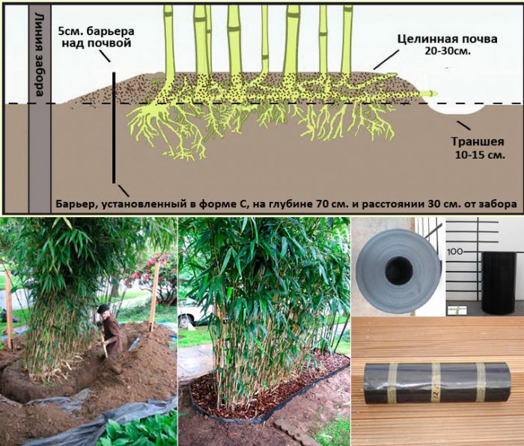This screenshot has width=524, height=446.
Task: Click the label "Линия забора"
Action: click(x=40, y=55)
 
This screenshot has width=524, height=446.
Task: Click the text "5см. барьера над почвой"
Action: click(x=97, y=37)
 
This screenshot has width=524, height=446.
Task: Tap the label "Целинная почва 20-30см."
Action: click(x=447, y=44)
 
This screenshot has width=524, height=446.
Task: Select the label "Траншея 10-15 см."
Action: click(x=478, y=148)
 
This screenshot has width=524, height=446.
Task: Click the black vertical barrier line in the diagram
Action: click(x=114, y=128)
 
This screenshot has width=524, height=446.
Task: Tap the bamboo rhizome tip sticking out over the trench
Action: click(x=431, y=94)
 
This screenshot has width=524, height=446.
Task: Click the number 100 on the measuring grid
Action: click(x=454, y=251)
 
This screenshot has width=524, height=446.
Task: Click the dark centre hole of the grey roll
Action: click(x=399, y=271)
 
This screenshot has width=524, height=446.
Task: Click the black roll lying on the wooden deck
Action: click(x=437, y=383)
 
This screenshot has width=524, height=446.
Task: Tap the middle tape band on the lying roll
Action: click(x=436, y=383)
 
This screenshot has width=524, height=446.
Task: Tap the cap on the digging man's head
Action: click(x=103, y=308)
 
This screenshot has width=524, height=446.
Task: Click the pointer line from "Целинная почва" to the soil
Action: click(x=386, y=60)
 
